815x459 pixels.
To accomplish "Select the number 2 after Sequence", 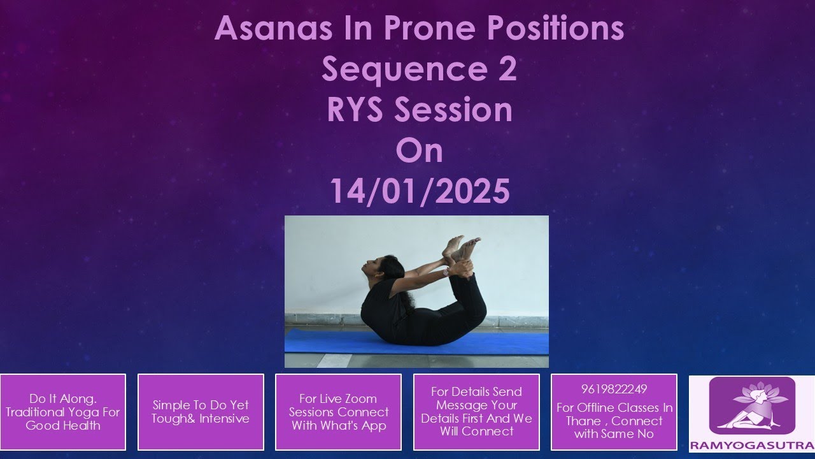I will point(506,69).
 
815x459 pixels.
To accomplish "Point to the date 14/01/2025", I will point(420,191).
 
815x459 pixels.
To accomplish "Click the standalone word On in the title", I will point(419,150).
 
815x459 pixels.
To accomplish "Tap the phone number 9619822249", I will point(614,390).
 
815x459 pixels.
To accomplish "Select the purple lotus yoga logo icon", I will point(752,405).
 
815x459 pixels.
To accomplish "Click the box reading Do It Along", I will point(63,412).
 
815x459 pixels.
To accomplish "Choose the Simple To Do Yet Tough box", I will point(201,412).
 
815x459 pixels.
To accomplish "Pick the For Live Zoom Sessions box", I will point(338,412).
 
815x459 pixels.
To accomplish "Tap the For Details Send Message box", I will point(476,412).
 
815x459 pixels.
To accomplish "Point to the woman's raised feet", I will point(462,247).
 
